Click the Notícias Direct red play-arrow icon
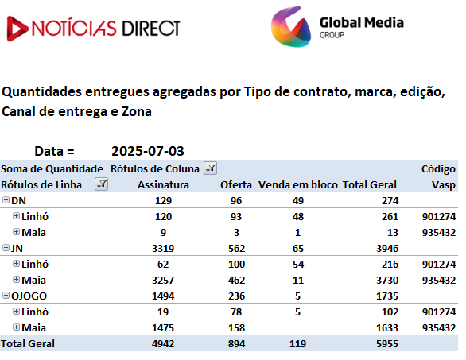(x=17, y=29)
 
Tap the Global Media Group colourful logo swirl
(x=291, y=27)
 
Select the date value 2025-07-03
(x=148, y=151)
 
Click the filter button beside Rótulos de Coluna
(x=211, y=168)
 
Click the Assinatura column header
(x=163, y=184)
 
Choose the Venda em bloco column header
(x=297, y=184)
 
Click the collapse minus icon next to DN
(x=6, y=200)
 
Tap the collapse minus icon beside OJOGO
(x=6, y=296)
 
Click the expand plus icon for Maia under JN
(x=17, y=280)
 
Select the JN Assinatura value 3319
(x=163, y=248)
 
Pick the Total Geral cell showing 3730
(x=387, y=280)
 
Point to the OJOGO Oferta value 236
(x=236, y=296)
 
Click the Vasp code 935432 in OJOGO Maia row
(x=439, y=328)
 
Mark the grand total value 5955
(x=387, y=343)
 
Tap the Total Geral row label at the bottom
(x=28, y=343)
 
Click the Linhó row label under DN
(x=35, y=216)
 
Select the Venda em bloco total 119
(x=297, y=343)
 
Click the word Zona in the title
(x=137, y=112)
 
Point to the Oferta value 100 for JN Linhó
(x=236, y=265)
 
